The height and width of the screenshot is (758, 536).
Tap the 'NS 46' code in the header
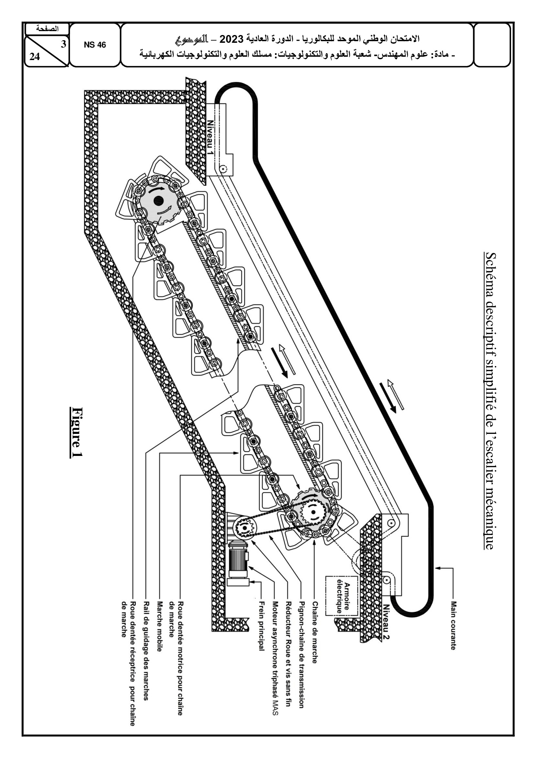tap(95, 45)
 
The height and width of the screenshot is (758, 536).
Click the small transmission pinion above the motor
tap(244, 527)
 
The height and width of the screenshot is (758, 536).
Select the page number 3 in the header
tap(64, 43)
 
